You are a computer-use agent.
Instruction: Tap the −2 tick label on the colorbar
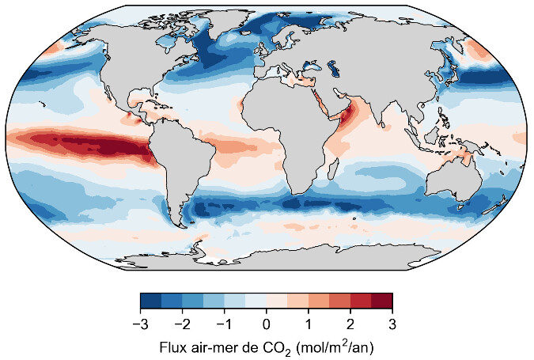click(181, 324)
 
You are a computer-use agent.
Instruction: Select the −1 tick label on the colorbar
click(223, 324)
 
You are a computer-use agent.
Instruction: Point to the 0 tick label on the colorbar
click(267, 324)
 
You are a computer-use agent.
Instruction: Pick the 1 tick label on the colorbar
click(309, 324)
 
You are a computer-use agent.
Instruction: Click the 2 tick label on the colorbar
click(350, 324)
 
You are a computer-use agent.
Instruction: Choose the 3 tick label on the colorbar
click(392, 324)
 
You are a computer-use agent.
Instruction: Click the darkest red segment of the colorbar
click(382, 301)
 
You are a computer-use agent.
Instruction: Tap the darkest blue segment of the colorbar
click(150, 301)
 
